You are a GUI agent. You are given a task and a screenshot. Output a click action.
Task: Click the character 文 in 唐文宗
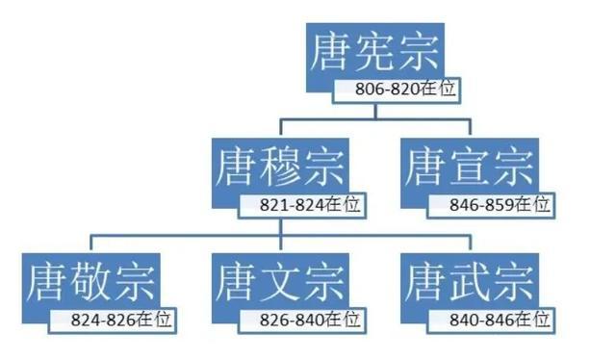click(x=279, y=282)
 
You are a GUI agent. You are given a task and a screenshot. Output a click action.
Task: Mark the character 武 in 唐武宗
click(x=469, y=282)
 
